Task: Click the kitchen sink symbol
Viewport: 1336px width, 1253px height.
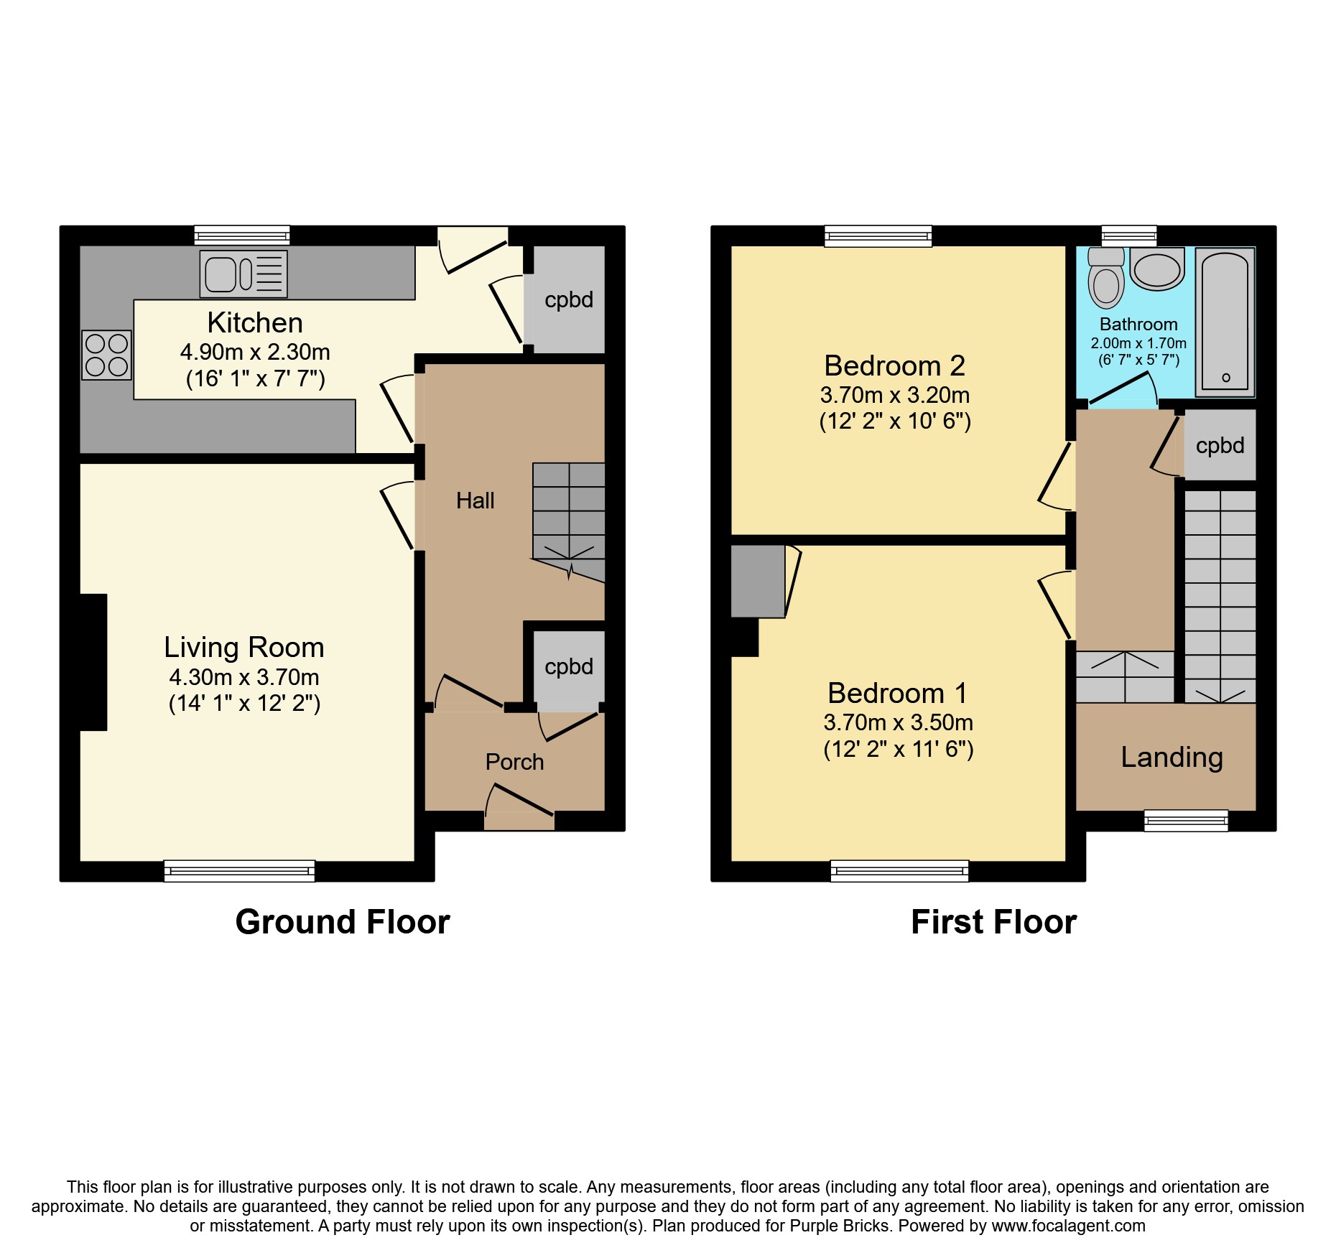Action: pos(243,274)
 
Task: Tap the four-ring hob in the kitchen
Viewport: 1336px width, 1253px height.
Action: pos(106,355)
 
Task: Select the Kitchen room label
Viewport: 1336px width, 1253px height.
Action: pos(255,323)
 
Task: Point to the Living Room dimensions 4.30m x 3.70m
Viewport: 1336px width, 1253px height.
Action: pos(244,677)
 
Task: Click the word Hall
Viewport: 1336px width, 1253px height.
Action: pos(475,500)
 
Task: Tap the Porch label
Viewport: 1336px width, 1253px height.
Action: pos(514,762)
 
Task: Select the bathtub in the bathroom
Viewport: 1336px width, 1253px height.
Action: pos(1225,322)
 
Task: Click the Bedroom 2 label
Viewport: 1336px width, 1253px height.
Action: pos(894,366)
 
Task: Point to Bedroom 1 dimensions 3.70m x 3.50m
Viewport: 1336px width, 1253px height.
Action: pos(898,722)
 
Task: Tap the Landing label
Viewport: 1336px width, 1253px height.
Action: pos(1172,758)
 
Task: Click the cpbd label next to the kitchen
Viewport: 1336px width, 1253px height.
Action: pos(569,299)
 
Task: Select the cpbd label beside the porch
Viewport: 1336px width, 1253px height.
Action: pos(569,666)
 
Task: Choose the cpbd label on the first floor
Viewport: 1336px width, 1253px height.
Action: pos(1220,445)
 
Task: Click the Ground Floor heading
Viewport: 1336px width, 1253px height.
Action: pos(343,922)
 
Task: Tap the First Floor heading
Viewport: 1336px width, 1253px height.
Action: pos(993,922)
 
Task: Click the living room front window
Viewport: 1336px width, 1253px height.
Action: pos(239,870)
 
